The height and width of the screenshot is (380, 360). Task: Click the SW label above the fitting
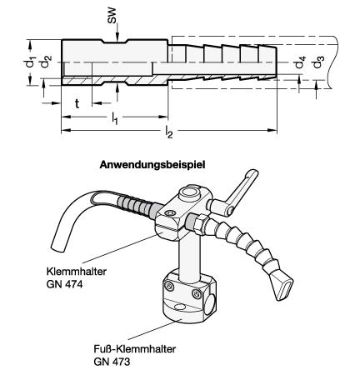(112, 16)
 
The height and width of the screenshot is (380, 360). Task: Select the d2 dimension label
(46, 62)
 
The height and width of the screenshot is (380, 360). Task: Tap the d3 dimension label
(318, 62)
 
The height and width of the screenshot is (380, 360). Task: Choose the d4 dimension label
(300, 62)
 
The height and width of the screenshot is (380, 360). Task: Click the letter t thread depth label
(77, 103)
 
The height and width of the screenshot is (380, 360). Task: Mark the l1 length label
(115, 118)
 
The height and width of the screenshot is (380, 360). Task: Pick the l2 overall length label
(169, 131)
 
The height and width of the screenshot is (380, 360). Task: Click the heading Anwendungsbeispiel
(152, 164)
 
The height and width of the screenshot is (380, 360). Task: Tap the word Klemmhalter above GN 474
(77, 271)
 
